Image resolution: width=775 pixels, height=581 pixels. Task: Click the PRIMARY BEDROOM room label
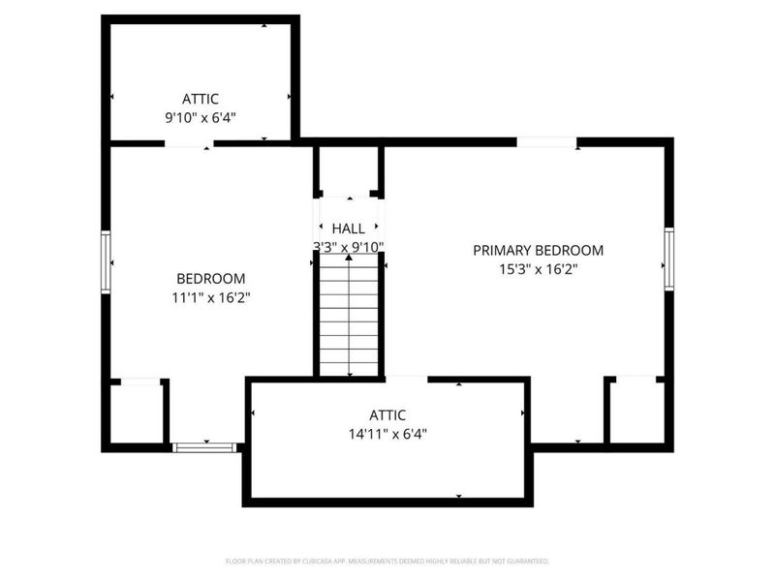pyautogui.click(x=538, y=250)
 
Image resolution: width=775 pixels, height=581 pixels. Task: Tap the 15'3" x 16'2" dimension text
pyautogui.click(x=538, y=269)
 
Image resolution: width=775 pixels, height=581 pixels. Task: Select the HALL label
pyautogui.click(x=349, y=229)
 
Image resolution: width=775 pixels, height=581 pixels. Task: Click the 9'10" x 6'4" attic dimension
pyautogui.click(x=201, y=117)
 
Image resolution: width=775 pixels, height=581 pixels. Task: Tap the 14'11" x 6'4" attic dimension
pyautogui.click(x=387, y=434)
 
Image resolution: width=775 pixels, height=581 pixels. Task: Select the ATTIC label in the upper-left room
pyautogui.click(x=201, y=98)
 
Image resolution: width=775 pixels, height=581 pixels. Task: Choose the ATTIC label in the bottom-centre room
pyautogui.click(x=387, y=414)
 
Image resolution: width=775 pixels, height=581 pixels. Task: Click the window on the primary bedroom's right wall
pyautogui.click(x=667, y=258)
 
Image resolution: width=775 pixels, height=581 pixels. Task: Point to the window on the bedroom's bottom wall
pyautogui.click(x=204, y=447)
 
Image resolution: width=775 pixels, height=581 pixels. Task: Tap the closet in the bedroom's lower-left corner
pyautogui.click(x=136, y=414)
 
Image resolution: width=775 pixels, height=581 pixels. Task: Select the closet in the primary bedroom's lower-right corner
pyautogui.click(x=635, y=412)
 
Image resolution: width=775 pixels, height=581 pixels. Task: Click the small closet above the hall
pyautogui.click(x=349, y=171)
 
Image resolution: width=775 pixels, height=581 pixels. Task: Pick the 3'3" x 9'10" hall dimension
pyautogui.click(x=349, y=246)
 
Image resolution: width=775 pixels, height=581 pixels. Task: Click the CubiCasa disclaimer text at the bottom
pyautogui.click(x=387, y=561)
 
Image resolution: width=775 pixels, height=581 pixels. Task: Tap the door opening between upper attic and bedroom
pyautogui.click(x=189, y=143)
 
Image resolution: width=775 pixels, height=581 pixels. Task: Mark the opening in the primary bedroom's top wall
pyautogui.click(x=546, y=142)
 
